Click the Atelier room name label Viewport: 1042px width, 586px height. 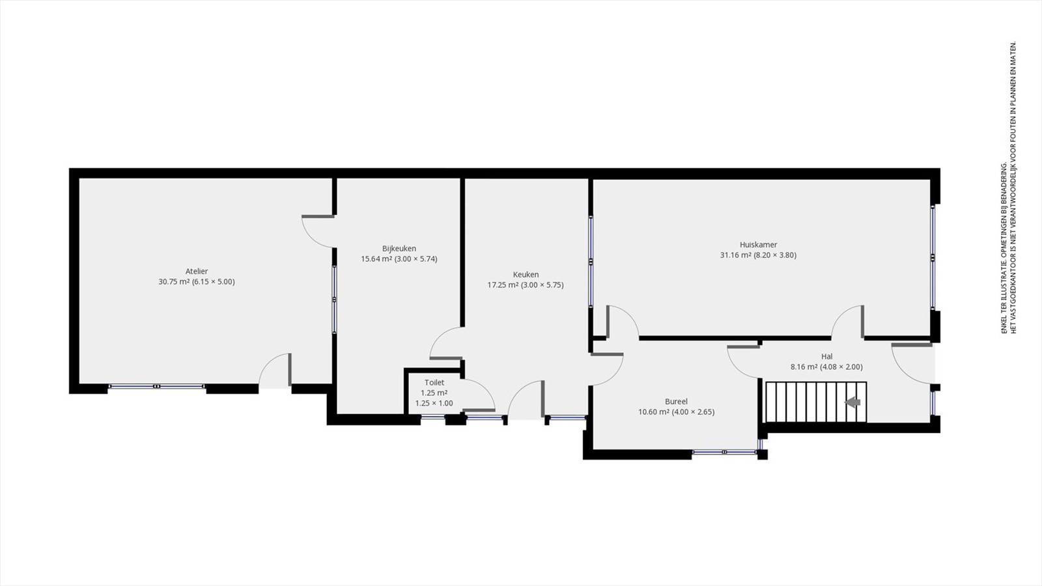(x=196, y=271)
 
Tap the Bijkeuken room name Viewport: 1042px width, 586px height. (x=399, y=248)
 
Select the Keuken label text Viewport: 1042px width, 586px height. (x=526, y=274)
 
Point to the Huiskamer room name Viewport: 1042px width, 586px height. (x=758, y=245)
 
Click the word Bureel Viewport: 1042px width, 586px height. (x=677, y=401)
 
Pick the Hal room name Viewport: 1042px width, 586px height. (x=826, y=357)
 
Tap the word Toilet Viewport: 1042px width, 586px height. (x=434, y=382)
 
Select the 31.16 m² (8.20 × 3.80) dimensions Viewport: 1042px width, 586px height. (x=758, y=255)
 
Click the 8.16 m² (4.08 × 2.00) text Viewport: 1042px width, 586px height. (x=826, y=367)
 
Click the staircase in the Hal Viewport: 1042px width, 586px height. (x=817, y=402)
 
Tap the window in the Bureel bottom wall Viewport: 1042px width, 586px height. (x=725, y=452)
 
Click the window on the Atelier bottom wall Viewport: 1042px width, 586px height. (x=157, y=387)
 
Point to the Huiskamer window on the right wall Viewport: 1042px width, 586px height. (x=933, y=257)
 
